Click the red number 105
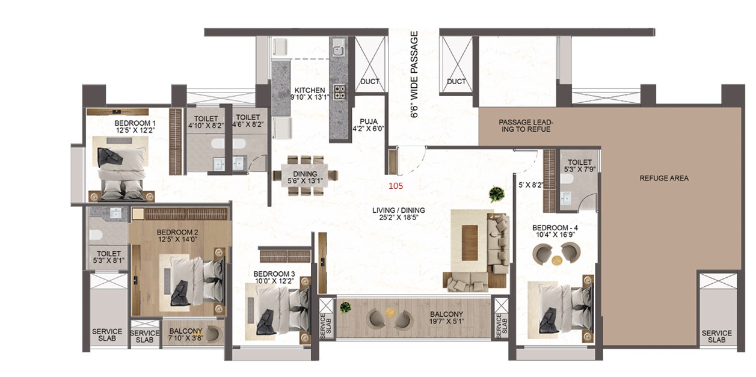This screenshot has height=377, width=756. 396,186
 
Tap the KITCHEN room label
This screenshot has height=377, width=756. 310,90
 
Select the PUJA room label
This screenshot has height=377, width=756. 369,121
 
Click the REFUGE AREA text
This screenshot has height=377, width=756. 664,178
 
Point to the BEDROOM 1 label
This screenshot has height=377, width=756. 135,123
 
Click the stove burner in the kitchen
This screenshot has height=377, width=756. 340,92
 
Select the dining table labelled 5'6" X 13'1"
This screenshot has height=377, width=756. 306,175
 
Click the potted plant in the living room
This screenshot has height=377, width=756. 496,194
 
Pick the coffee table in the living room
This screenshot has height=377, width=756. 470,243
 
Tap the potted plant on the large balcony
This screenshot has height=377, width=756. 345,307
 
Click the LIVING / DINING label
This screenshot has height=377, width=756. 399,210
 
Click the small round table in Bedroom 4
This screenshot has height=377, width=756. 557,260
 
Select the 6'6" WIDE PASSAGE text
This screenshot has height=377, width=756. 414,74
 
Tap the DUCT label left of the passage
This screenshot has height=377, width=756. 369,81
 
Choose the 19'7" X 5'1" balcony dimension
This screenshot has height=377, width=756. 446,321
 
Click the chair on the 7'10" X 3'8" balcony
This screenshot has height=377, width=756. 212,334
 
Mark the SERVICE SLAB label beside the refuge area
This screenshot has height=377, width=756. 717,337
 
